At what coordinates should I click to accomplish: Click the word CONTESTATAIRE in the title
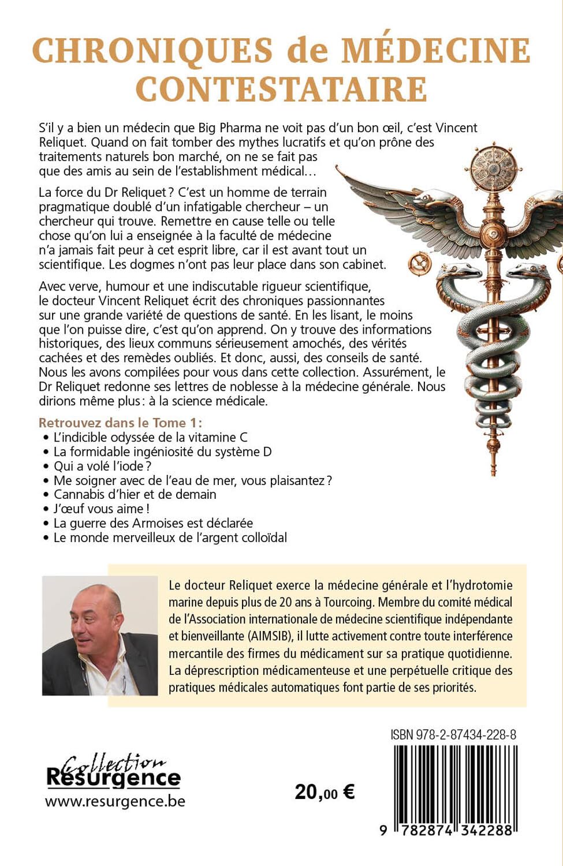pyautogui.click(x=281, y=89)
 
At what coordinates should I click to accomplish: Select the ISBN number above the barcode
pyautogui.click(x=453, y=734)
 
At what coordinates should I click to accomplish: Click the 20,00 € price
pyautogui.click(x=325, y=792)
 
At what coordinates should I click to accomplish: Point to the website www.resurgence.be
pyautogui.click(x=115, y=801)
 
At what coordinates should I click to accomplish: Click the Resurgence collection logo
pyautogui.click(x=113, y=772)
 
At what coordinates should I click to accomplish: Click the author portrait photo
pyautogui.click(x=100, y=636)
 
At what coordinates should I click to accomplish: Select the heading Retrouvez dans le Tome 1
pyautogui.click(x=120, y=423)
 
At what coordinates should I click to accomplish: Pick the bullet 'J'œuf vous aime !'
pyautogui.click(x=102, y=509)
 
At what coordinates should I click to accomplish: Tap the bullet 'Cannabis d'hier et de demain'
pyautogui.click(x=135, y=494)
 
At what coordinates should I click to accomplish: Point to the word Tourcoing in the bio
pyautogui.click(x=345, y=602)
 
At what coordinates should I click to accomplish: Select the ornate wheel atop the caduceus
pyautogui.click(x=493, y=168)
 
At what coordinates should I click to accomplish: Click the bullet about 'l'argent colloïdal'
pyautogui.click(x=170, y=537)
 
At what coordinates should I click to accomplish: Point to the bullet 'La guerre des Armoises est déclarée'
pyautogui.click(x=153, y=523)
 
